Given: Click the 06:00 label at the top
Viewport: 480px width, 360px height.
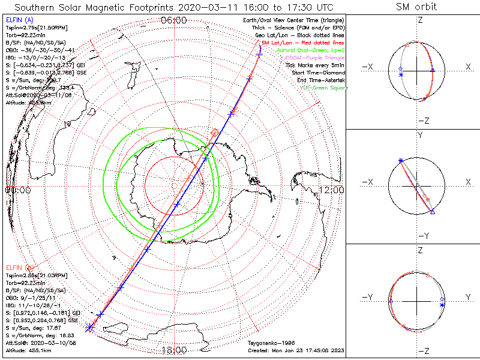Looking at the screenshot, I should click(174, 20).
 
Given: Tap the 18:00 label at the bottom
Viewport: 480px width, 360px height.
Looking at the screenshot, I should click(174, 350).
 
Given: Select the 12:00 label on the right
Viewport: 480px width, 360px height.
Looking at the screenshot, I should click(332, 190).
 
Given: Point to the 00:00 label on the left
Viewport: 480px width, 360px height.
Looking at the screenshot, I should click(18, 190).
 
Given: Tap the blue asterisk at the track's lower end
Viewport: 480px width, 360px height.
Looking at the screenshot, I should click(90, 327).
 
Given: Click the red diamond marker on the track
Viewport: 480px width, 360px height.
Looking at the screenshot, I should click(215, 132).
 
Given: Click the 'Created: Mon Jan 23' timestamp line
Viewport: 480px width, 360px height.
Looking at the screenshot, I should click(295, 350).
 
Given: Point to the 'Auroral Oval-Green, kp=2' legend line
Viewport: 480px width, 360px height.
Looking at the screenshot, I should click(311, 51).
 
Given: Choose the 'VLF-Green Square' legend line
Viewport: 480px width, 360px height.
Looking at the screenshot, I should click(323, 88).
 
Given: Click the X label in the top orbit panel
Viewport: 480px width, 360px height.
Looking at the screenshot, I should click(468, 67).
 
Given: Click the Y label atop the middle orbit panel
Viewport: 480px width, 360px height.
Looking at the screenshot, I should click(419, 136).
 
